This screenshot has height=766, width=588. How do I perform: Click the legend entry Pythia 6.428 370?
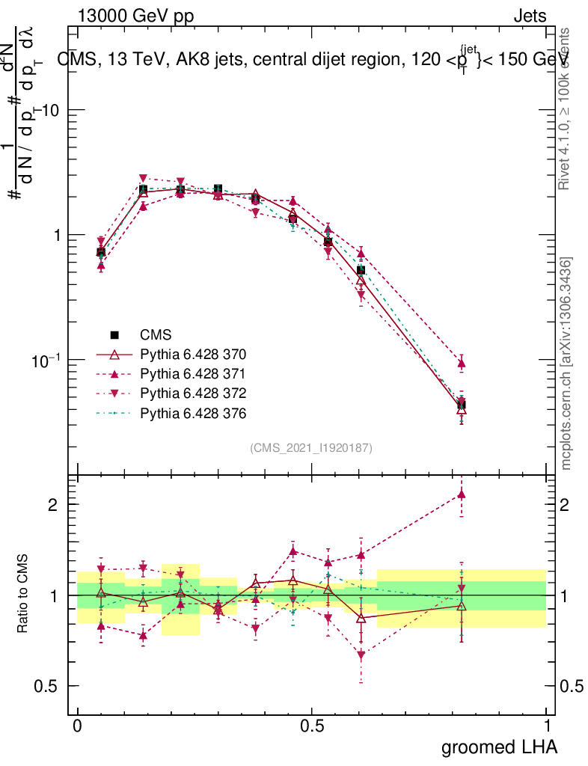coord(193,353)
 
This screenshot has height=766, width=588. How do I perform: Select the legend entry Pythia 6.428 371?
coord(193,373)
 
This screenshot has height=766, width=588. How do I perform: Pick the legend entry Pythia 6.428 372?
coord(193,393)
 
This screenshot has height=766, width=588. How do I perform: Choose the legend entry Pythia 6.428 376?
coord(193,413)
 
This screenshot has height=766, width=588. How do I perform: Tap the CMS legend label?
coord(156,334)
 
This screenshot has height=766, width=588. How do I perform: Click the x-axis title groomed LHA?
coord(499,747)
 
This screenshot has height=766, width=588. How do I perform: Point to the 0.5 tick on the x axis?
coord(312,726)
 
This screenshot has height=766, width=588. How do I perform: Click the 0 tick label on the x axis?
coord(78,726)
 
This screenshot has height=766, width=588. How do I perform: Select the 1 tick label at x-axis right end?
coord(547,726)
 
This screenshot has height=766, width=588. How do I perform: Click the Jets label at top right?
coord(530,16)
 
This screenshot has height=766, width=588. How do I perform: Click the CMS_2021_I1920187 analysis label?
coord(311,447)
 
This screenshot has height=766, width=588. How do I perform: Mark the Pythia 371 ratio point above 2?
coord(462,494)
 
